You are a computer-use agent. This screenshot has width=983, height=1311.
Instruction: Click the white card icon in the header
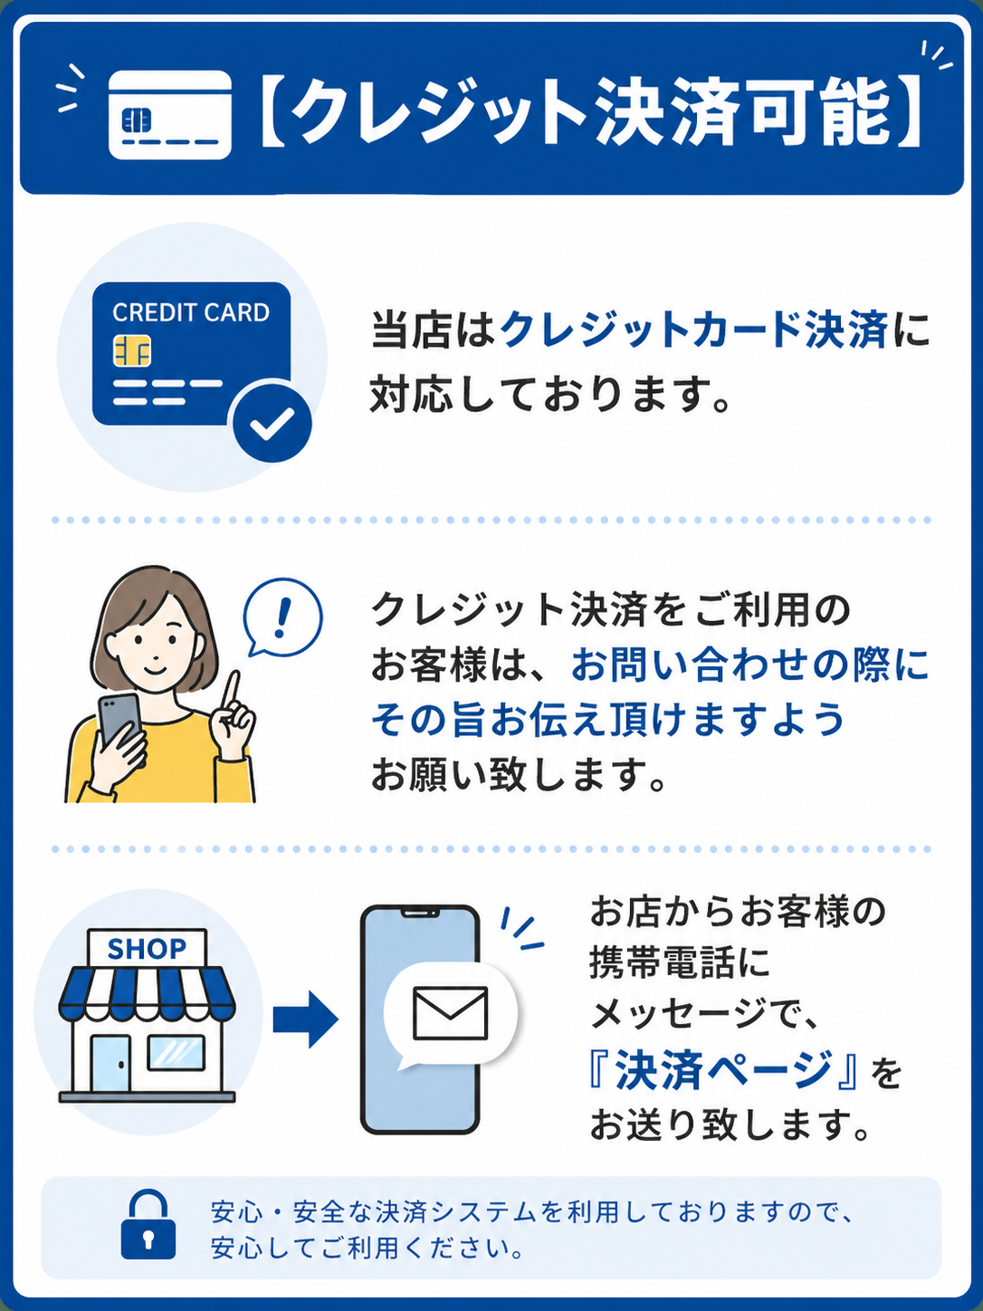(170, 114)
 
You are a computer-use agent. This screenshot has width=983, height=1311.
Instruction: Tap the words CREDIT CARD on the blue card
(191, 312)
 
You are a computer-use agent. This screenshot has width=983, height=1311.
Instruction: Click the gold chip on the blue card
(132, 350)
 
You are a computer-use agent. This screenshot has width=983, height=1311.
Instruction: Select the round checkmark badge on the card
(272, 423)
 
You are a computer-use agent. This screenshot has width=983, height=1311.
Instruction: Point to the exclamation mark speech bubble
(282, 617)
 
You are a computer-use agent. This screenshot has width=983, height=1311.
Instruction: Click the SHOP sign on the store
(147, 948)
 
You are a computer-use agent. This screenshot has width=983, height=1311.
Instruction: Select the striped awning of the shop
(147, 991)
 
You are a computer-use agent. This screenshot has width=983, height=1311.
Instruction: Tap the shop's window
(177, 1052)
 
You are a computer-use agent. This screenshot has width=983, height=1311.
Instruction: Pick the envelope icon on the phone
(450, 1012)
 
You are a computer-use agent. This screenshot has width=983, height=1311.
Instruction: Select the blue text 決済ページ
(722, 1070)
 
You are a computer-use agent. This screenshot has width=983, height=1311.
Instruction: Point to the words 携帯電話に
(679, 962)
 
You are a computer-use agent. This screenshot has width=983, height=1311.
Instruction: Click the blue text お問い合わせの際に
(749, 665)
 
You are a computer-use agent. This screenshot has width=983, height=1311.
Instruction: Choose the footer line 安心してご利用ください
(368, 1249)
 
